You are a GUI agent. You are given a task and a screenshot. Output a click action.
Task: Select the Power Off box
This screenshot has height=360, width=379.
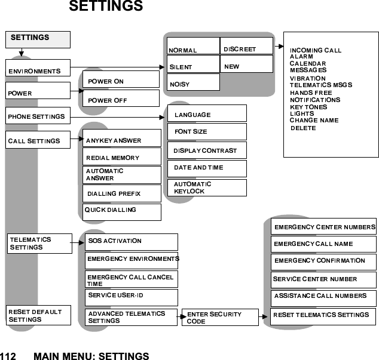(121, 99)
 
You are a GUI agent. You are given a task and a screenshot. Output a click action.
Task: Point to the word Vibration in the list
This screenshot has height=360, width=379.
(307, 78)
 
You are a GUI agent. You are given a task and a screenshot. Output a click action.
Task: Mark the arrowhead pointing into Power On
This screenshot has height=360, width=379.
(81, 91)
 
